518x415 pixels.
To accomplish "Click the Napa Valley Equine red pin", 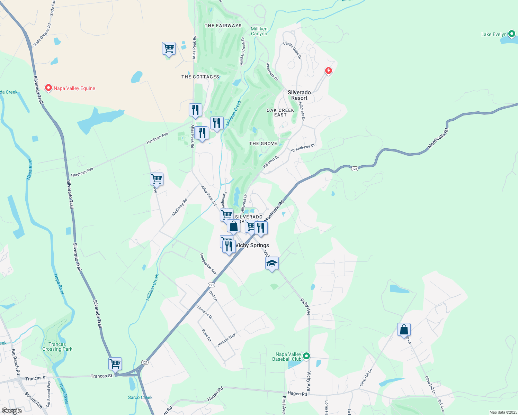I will point(48,88).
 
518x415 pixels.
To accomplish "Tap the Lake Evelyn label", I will point(494,34).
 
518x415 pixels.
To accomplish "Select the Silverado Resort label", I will point(299,95).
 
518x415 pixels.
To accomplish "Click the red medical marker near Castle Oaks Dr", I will point(328,71).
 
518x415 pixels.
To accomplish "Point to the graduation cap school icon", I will point(272,264).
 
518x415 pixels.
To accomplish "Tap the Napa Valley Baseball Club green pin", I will point(306,356).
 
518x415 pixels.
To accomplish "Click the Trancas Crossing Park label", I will point(57,347).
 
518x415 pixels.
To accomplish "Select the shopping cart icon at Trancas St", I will point(115,364).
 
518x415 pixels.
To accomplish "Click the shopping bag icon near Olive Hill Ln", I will point(404,330).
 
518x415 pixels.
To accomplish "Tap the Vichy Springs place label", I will point(252,245).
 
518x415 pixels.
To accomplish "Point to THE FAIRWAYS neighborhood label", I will point(223,26).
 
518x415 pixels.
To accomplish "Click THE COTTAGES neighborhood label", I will point(200,77).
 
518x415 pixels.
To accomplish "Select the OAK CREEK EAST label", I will point(280,112).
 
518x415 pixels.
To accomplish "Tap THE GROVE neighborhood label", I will point(263,144).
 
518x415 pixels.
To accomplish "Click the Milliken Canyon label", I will point(259,31).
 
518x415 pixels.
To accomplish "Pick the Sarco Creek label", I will point(140,397).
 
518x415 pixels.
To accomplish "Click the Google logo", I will point(12,411).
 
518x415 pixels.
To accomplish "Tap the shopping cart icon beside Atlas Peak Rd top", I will point(169,48).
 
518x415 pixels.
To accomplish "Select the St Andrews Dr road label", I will point(303,148).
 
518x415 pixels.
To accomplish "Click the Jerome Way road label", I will point(226,340).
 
